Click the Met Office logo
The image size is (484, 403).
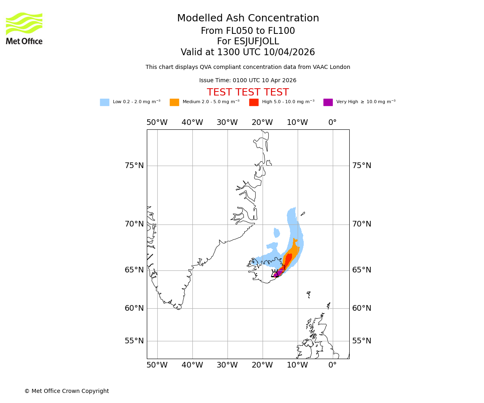click(24, 28)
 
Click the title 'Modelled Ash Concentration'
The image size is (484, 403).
click(248, 18)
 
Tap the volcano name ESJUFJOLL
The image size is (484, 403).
click(248, 42)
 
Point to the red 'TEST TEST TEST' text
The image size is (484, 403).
click(248, 92)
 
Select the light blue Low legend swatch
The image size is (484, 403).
click(104, 102)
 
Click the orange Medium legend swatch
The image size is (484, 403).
click(174, 102)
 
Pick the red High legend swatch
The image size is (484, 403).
click(254, 102)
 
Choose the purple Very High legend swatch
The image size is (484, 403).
click(328, 102)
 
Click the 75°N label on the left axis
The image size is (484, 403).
click(134, 166)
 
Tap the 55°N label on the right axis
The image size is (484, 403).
click(362, 341)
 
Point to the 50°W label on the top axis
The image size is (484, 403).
click(157, 123)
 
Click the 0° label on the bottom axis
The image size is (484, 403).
click(332, 365)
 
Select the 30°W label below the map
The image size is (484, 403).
click(227, 365)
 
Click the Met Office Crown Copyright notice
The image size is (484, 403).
click(67, 391)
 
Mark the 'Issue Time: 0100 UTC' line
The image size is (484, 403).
click(248, 80)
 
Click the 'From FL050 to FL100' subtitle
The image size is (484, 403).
click(248, 31)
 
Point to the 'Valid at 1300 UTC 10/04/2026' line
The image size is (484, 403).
click(248, 52)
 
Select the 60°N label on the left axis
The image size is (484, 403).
click(134, 308)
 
